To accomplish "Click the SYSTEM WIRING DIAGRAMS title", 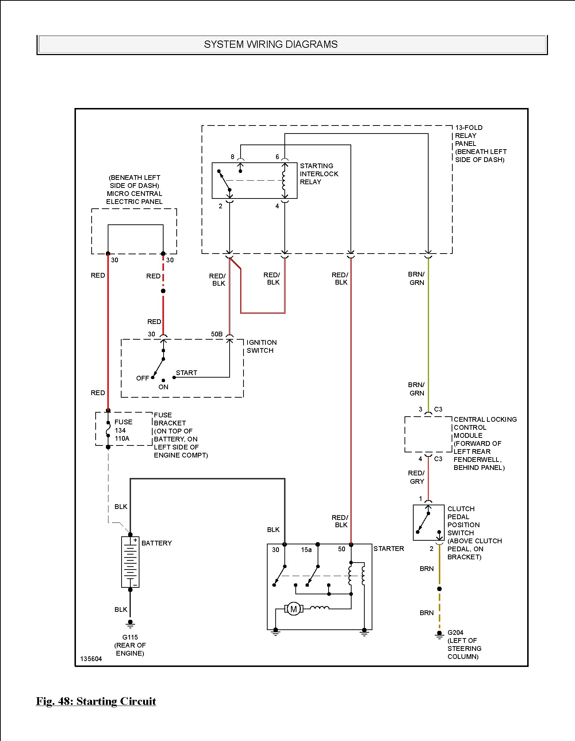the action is (271, 45).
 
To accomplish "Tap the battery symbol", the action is (130, 562).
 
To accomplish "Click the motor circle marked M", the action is (294, 609).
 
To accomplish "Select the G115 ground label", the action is (130, 637).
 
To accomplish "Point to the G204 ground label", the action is (455, 632).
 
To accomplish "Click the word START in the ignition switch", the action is (187, 373).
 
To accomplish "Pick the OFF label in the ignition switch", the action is (142, 378).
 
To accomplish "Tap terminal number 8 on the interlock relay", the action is (233, 157).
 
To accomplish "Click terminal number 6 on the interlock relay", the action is (277, 157).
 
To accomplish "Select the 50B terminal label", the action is (217, 334).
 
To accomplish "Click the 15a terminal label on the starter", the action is (306, 549).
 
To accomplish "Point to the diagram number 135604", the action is (91, 659).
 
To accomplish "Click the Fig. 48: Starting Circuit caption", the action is (96, 701).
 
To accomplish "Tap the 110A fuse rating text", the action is (122, 438).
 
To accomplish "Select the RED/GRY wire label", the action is (417, 477).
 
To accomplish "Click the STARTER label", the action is (389, 548).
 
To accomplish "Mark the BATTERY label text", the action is (157, 543).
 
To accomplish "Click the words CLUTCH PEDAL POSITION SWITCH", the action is (464, 521).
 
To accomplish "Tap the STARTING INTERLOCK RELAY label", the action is (319, 174).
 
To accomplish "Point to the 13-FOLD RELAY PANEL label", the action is (469, 135).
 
